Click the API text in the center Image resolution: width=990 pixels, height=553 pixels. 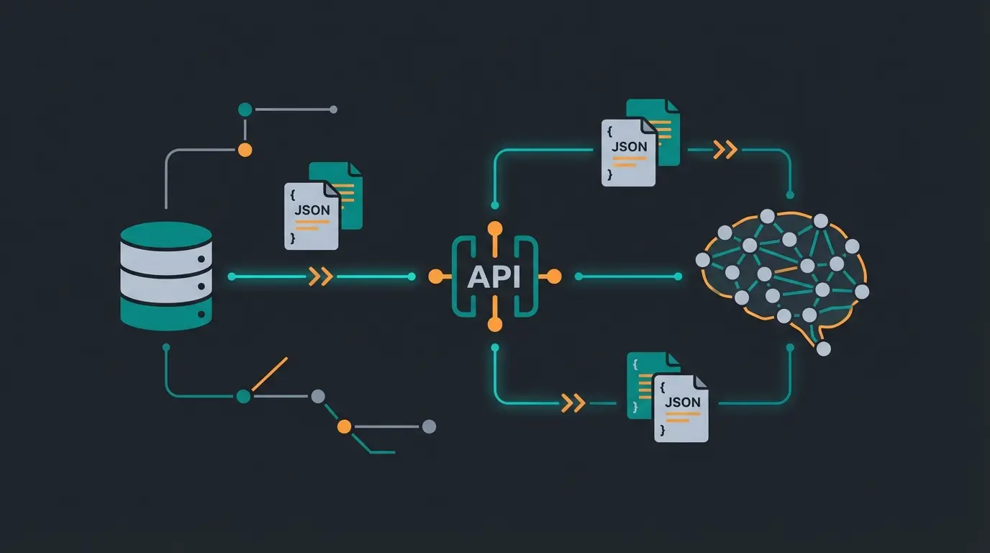494,276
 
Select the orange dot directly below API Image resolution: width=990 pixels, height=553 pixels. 495,325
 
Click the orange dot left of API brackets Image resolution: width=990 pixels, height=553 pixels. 435,276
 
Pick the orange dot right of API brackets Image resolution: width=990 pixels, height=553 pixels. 554,276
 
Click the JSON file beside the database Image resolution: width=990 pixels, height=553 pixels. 312,215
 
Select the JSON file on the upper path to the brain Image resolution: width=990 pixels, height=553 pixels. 629,152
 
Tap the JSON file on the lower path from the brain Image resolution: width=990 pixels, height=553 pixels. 681,408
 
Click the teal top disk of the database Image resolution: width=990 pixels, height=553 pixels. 166,235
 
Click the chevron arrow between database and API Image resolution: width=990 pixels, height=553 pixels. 320,276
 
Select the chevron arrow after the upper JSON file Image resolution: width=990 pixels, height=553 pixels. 725,150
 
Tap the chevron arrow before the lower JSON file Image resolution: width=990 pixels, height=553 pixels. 573,403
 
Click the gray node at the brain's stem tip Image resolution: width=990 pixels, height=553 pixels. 824,349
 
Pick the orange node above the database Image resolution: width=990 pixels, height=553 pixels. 245,150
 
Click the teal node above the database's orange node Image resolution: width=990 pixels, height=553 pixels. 245,109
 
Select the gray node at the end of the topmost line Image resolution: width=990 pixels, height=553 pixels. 333,109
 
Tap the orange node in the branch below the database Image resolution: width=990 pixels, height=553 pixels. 345,426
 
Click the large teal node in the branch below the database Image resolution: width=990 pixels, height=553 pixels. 243,396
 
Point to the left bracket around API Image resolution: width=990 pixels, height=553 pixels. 460,276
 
